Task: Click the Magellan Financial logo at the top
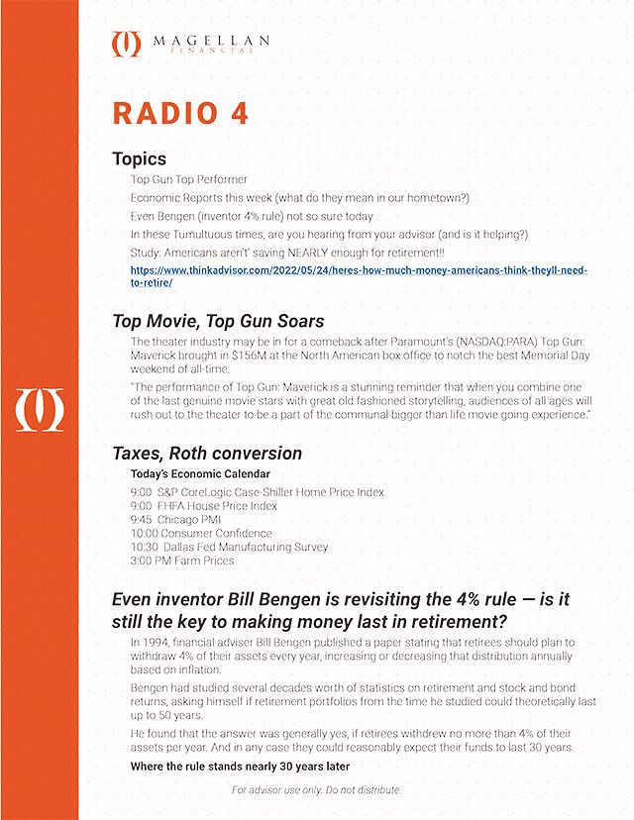pos(191,44)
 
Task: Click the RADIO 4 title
pos(180,113)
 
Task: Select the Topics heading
pos(139,159)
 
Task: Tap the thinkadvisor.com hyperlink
pos(359,275)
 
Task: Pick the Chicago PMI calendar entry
pos(175,518)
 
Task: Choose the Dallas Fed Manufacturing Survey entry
pos(229,547)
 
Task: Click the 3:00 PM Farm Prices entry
pos(182,561)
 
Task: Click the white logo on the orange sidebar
pos(39,410)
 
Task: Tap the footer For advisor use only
pos(317,790)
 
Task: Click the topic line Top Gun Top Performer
pos(189,180)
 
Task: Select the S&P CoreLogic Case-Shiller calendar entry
pos(257,491)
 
